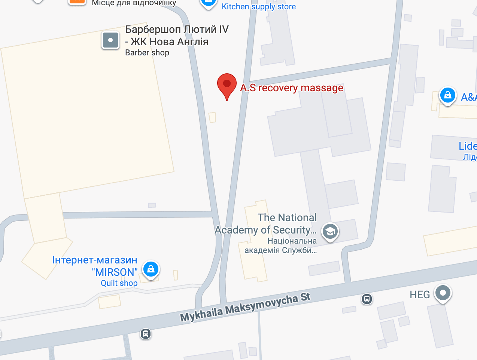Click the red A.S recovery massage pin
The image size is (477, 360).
(227, 85)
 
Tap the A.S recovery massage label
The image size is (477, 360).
(292, 88)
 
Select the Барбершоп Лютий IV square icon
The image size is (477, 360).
(110, 40)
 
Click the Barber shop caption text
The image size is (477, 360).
(147, 53)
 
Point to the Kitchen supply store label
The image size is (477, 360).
(259, 7)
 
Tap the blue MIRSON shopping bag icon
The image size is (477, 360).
(151, 269)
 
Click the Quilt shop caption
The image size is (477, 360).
(119, 283)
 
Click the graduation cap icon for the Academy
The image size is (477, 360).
(330, 232)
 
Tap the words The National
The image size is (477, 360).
(287, 217)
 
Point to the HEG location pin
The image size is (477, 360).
(443, 293)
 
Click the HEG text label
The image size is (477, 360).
(420, 295)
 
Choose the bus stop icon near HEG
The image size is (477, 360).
(367, 299)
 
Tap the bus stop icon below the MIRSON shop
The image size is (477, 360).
(146, 333)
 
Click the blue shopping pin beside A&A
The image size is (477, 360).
(447, 95)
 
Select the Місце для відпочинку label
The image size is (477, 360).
(134, 3)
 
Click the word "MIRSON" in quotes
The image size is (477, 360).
(115, 272)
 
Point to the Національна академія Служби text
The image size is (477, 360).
(281, 245)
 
